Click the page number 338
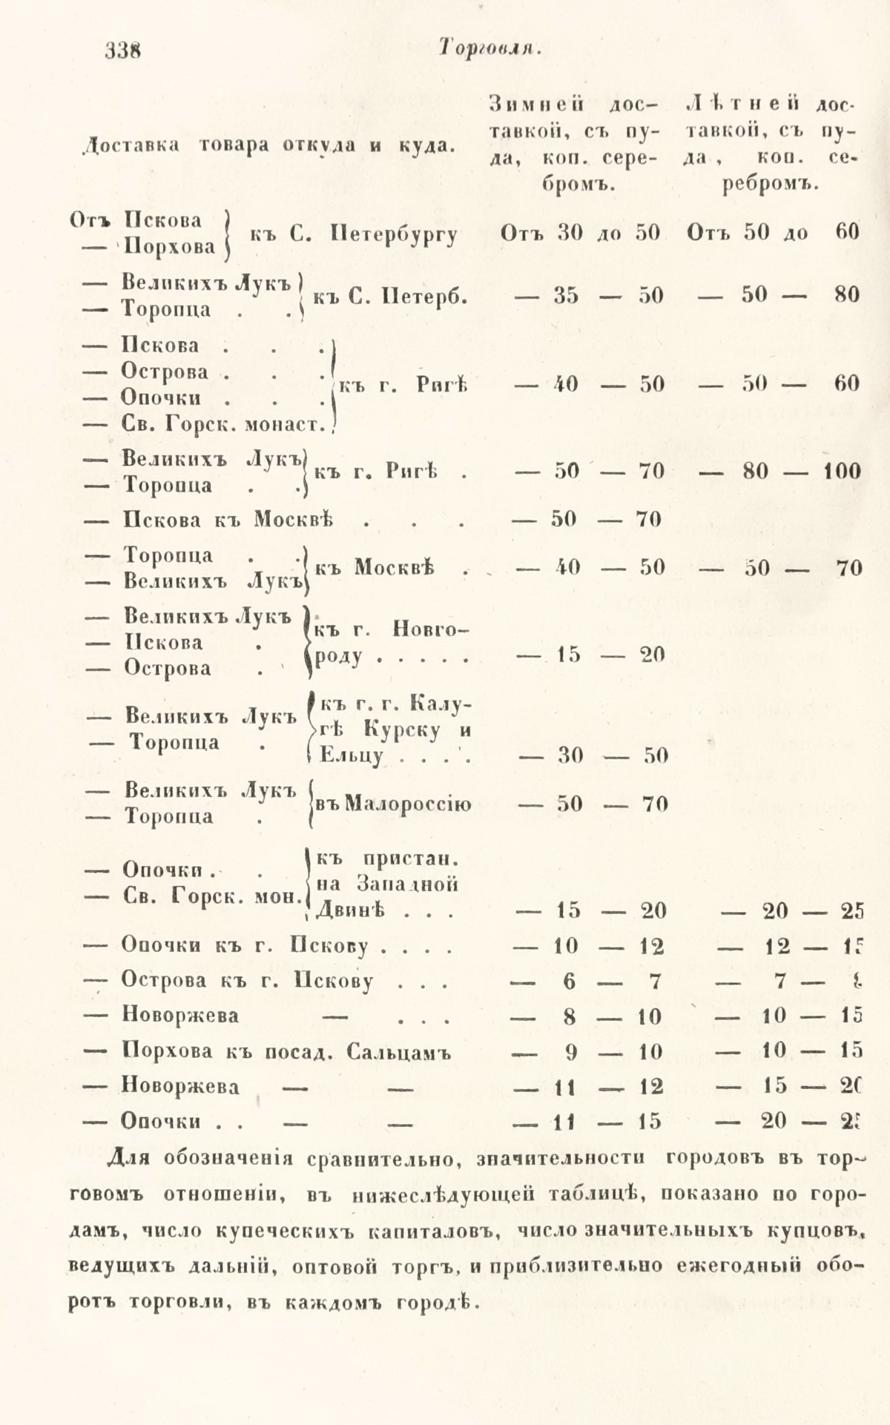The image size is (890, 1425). click(122, 50)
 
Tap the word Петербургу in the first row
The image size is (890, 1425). click(394, 234)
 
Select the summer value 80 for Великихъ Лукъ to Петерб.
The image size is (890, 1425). click(846, 295)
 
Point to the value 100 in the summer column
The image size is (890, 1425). click(842, 472)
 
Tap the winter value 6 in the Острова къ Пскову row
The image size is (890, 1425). click(569, 982)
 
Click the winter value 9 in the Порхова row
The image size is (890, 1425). click(569, 1052)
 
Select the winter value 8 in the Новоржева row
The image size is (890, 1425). click(569, 1016)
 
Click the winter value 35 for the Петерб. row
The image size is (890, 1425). click(567, 295)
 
